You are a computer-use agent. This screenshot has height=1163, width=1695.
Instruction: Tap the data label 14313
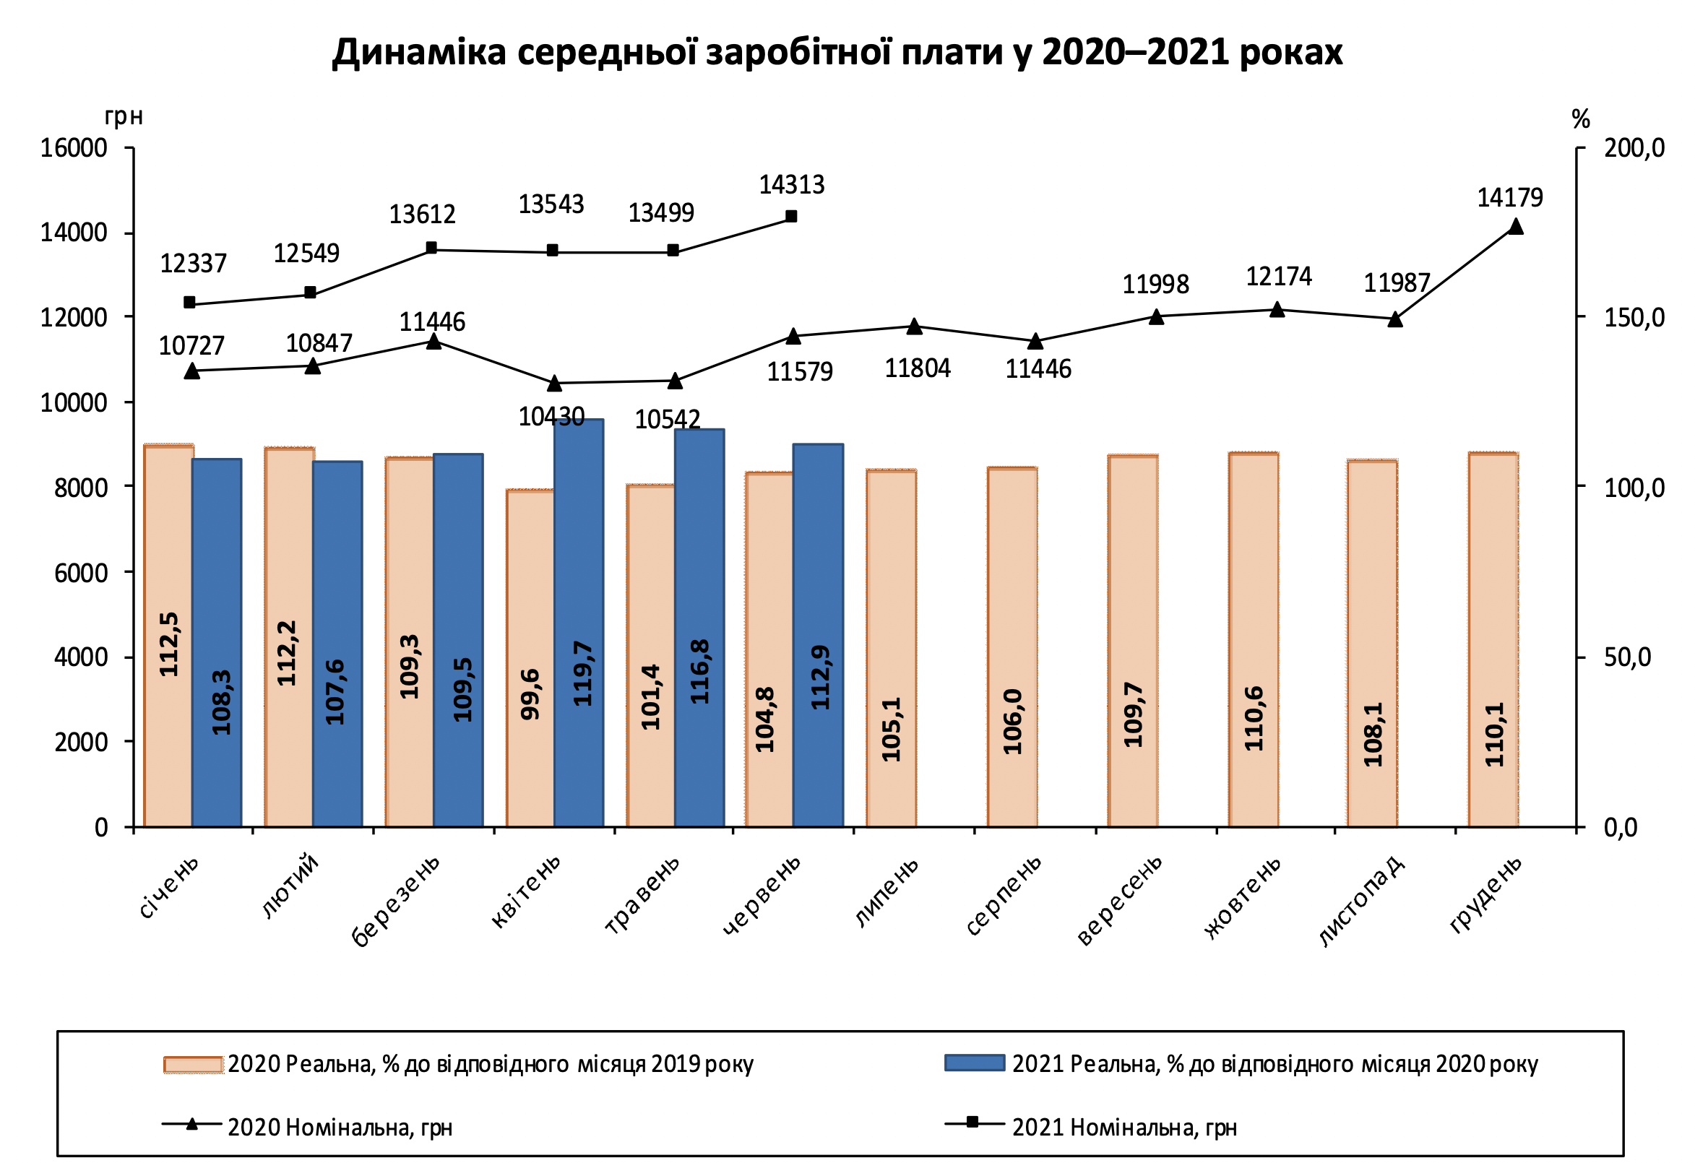tap(791, 185)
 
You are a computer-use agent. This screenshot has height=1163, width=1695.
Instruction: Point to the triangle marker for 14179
tap(1515, 227)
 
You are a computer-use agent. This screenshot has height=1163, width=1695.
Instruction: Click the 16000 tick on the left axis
tap(74, 148)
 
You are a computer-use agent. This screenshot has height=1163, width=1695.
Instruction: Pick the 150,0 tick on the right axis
tap(1633, 318)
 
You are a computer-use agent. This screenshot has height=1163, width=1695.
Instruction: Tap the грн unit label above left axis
tap(124, 117)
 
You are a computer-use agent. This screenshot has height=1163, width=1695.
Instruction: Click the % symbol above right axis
tap(1580, 119)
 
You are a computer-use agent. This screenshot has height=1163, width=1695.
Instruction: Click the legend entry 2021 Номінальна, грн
tap(1124, 1128)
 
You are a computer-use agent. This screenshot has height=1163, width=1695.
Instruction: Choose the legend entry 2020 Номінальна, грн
tap(340, 1128)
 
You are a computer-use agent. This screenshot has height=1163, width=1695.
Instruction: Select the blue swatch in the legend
tap(974, 1063)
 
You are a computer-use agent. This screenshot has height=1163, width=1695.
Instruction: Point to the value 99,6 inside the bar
tap(531, 694)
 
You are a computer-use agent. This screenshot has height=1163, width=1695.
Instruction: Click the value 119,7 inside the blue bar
tap(583, 673)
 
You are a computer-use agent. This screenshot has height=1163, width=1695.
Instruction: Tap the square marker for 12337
tap(189, 302)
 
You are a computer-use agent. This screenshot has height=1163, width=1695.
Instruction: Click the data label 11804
tap(917, 368)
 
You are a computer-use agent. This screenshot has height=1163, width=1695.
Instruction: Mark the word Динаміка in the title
tap(418, 53)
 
